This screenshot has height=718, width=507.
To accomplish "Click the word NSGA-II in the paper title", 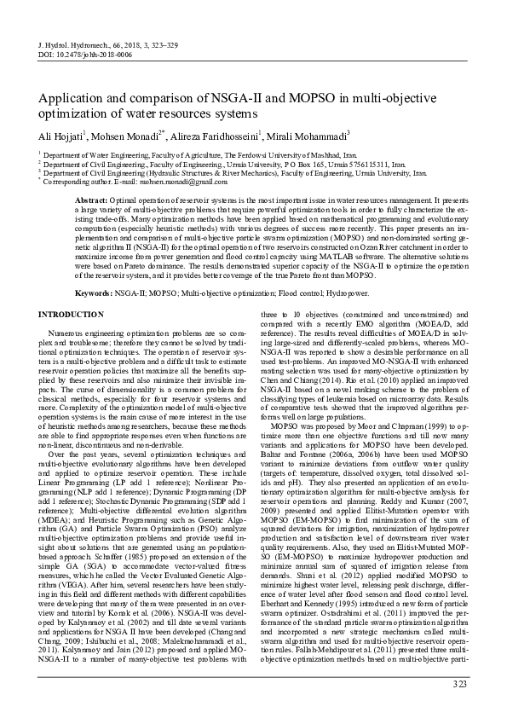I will click(x=233, y=99).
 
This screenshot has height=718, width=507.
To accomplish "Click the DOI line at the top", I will click(x=85, y=53).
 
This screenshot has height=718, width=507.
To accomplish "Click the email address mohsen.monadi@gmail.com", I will click(x=164, y=182).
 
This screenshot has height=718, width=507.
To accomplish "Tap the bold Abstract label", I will click(x=94, y=198).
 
